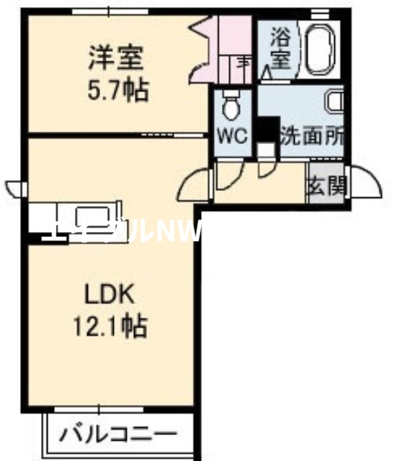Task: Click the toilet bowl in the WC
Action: coord(231,107)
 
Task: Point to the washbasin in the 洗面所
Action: coord(334,102)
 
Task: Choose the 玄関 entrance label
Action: coord(326,186)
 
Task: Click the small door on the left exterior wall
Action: coord(14,189)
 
